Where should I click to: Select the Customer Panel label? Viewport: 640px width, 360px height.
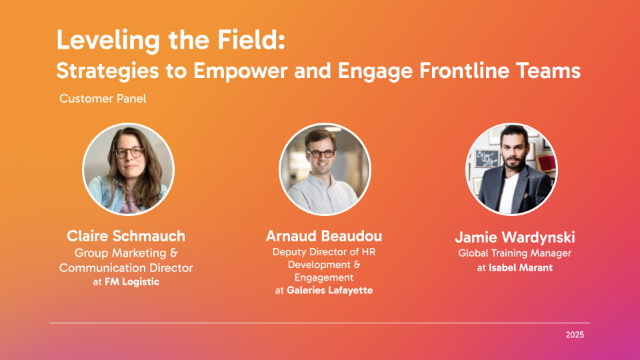(x=103, y=99)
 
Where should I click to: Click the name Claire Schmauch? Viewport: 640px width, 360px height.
(x=126, y=236)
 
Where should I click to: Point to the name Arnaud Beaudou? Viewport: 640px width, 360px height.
(x=324, y=236)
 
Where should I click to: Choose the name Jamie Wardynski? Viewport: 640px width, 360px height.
(x=515, y=237)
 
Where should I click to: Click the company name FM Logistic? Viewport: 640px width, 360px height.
(x=132, y=281)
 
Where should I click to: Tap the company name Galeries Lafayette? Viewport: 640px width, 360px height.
(x=330, y=290)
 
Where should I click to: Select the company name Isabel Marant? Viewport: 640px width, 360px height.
(x=521, y=268)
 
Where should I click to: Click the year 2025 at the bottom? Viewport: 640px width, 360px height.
(x=575, y=335)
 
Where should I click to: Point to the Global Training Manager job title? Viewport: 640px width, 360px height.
(x=515, y=253)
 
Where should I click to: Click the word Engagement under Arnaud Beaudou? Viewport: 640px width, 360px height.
(x=324, y=278)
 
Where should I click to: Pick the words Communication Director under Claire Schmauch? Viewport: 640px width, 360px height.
(x=126, y=268)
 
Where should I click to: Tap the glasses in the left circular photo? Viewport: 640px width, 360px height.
(x=129, y=153)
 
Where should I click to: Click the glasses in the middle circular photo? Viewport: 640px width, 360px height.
(x=321, y=154)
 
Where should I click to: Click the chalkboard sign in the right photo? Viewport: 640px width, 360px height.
(x=487, y=159)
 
